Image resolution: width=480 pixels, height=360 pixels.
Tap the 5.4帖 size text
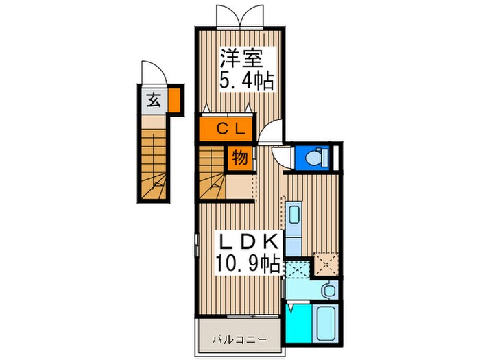pyautogui.click(x=246, y=80)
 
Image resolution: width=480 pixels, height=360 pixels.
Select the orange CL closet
pyautogui.click(x=226, y=129)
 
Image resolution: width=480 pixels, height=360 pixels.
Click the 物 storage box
pyautogui.click(x=240, y=158)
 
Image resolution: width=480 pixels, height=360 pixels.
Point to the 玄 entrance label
pyautogui.click(x=154, y=99)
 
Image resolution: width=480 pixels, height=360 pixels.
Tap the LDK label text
pyautogui.click(x=248, y=241)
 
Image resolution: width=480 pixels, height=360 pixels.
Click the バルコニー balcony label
pyautogui.click(x=240, y=339)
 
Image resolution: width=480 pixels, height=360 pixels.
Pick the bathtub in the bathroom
pyautogui.click(x=326, y=324)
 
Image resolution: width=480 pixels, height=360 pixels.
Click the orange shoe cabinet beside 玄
pyautogui.click(x=175, y=100)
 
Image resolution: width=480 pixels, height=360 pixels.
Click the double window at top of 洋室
pyautogui.click(x=240, y=17)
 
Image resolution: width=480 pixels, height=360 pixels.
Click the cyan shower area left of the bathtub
pyautogui.click(x=298, y=324)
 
